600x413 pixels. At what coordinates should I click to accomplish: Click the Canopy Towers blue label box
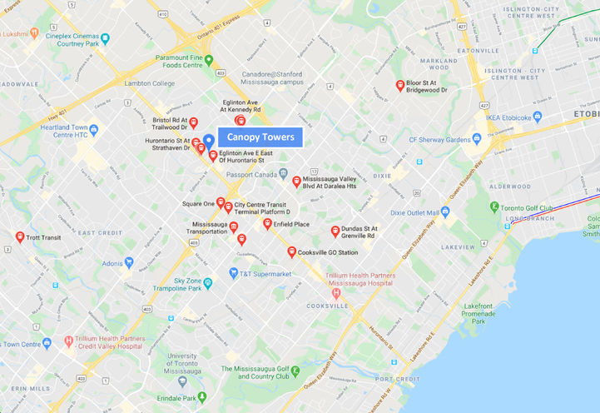[x=260, y=137]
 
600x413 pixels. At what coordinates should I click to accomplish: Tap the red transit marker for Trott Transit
[x=20, y=237]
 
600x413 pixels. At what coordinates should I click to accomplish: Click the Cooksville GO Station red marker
[x=291, y=251]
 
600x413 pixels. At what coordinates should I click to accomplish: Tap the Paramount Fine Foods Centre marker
[x=210, y=60]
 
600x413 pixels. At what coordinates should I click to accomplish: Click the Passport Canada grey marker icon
[x=283, y=173]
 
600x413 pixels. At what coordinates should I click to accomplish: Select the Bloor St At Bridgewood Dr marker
[x=400, y=85]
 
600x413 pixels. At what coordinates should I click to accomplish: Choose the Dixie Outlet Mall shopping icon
[x=445, y=212]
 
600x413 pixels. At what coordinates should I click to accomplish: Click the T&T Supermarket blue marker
[x=234, y=273]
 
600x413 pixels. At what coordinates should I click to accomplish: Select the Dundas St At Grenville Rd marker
[x=335, y=231]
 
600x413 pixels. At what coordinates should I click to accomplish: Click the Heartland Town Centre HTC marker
[x=93, y=129]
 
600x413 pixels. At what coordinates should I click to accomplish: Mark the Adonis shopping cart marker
[x=129, y=262]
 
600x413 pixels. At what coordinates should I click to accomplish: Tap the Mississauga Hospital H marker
[x=336, y=292]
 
